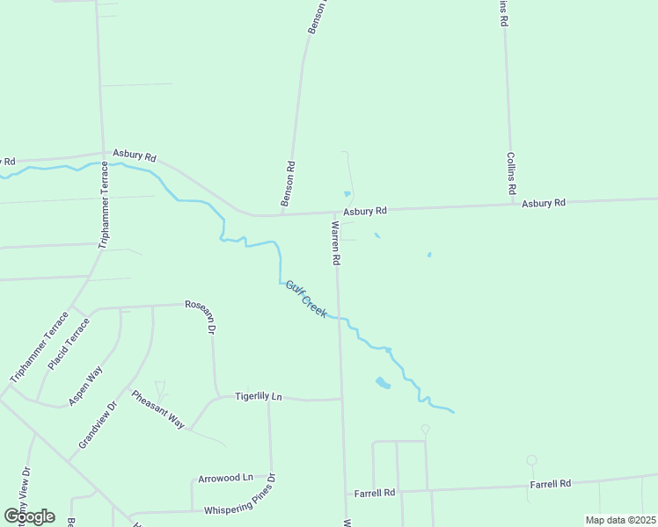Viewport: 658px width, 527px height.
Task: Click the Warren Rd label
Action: [335, 243]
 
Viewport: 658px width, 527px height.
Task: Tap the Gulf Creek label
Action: [305, 299]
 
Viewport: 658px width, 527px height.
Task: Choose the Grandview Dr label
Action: [98, 426]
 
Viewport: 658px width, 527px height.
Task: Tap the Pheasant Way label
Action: [157, 408]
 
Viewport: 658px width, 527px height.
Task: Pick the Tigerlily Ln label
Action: [258, 396]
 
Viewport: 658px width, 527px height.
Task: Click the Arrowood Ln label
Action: [224, 478]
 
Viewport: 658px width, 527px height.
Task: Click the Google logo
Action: [29, 516]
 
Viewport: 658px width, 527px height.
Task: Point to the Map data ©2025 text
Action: [619, 520]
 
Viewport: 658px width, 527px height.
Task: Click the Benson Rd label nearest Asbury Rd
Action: [288, 184]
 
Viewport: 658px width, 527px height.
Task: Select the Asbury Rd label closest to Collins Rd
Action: [543, 203]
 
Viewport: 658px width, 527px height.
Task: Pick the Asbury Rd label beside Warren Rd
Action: [365, 211]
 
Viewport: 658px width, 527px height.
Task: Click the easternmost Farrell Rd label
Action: [551, 484]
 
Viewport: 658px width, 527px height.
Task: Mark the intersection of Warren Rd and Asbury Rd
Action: [336, 213]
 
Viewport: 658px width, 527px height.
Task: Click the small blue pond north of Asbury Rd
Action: [347, 194]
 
